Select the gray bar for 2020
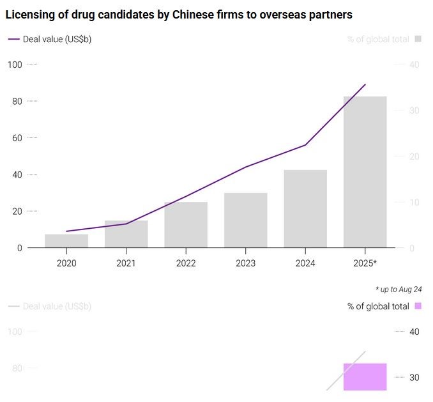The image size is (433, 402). [66, 241]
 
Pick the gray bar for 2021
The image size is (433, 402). [126, 234]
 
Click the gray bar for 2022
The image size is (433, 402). [186, 225]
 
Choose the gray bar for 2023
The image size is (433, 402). [246, 220]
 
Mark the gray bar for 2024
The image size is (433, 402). [305, 209]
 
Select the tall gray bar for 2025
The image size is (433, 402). [365, 172]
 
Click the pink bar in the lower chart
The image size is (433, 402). [365, 376]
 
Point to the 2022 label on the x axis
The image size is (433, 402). [186, 263]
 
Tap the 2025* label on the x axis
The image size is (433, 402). [365, 263]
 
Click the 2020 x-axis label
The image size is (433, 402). [66, 263]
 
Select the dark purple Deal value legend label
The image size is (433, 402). [57, 39]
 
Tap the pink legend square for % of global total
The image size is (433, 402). [418, 306]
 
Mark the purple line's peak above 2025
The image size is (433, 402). [365, 84]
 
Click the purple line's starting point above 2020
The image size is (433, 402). [66, 231]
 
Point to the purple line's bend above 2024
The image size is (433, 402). [305, 145]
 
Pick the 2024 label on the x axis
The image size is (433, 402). [305, 263]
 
